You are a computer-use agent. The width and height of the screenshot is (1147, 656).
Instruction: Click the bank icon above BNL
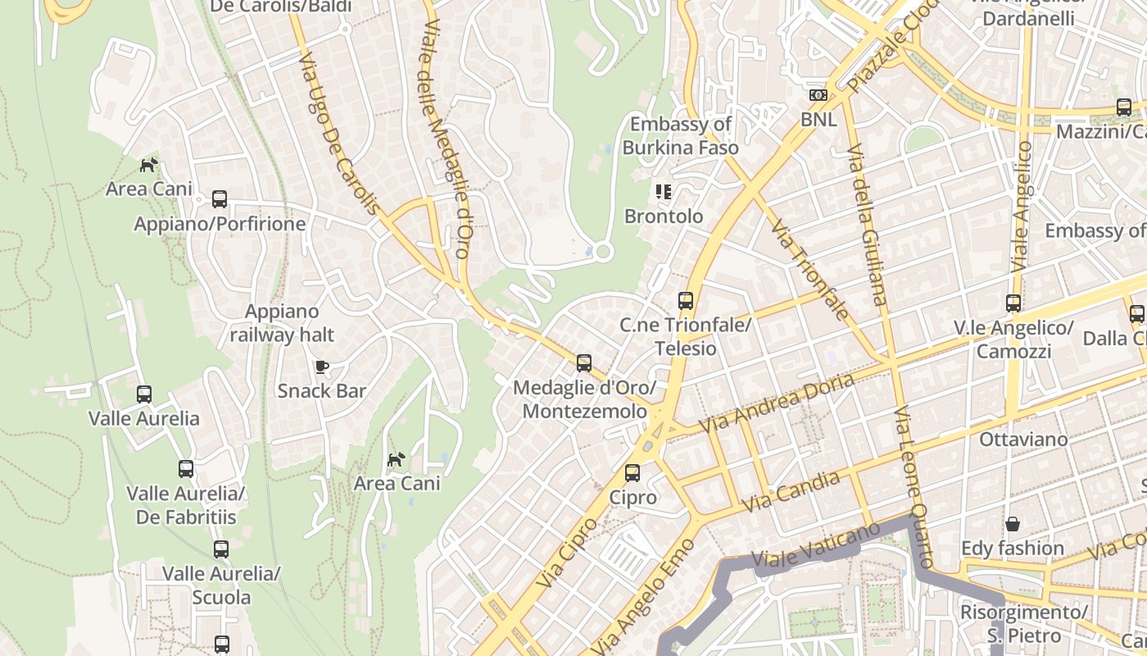tap(818, 95)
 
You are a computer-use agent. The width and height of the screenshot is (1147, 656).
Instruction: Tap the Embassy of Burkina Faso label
tap(680, 136)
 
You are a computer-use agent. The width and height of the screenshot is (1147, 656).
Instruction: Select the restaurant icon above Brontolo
tap(664, 192)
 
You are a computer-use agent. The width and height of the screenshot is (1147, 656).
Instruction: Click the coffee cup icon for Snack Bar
tap(321, 367)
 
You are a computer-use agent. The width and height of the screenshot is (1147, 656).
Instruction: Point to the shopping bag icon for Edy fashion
tap(1013, 524)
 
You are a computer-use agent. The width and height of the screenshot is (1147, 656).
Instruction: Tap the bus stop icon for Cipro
tap(632, 473)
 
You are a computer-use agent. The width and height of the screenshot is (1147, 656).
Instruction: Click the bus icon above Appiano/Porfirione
tap(220, 199)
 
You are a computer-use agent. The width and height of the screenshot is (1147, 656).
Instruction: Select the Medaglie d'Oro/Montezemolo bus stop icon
tap(584, 362)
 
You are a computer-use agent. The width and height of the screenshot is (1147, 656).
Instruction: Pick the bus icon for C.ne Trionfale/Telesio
tap(686, 301)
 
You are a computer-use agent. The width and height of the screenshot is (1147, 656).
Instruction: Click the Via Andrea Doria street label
tap(777, 404)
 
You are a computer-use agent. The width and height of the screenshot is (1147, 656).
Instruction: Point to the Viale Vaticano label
tap(816, 546)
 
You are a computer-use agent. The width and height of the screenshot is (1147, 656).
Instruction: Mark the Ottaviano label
tap(1023, 440)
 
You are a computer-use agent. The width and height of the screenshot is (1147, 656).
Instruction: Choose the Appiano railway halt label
tap(282, 323)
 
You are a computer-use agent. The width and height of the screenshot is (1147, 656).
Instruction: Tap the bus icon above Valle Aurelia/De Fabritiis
tap(186, 469)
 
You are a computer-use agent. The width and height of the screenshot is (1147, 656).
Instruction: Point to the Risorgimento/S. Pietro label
tap(1023, 623)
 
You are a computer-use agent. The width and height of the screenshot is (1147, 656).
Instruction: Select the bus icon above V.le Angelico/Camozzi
tap(1013, 303)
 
